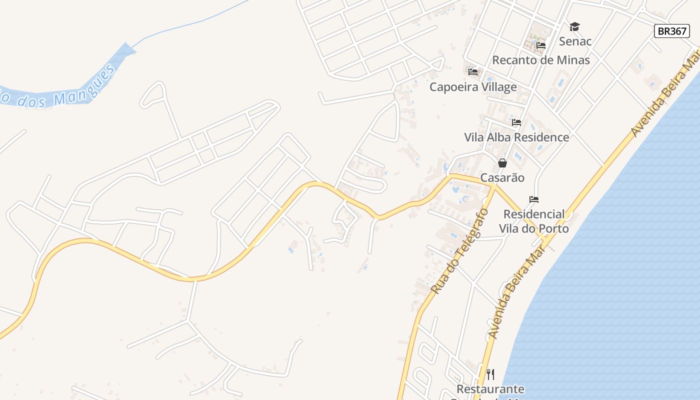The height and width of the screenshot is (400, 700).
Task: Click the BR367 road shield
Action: coord(671,31)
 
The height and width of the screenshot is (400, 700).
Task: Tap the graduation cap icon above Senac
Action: coord(574,26)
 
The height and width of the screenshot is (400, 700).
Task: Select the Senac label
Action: coord(575,41)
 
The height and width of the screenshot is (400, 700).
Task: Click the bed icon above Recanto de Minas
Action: coord(540,45)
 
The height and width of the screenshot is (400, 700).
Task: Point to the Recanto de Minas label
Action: coord(541,60)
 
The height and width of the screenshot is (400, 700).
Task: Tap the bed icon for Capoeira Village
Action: coord(473,72)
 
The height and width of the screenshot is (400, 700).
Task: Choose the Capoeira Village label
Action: coord(473,87)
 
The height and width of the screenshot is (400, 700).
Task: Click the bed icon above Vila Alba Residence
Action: coord(516,122)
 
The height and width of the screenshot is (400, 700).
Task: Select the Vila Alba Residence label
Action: coord(516,137)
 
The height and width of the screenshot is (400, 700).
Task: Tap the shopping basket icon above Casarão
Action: coord(502,163)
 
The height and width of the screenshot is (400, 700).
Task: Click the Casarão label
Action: coord(502,177)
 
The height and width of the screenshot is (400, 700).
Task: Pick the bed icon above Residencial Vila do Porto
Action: coord(534,199)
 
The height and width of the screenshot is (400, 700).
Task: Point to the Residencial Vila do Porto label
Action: coord(534,221)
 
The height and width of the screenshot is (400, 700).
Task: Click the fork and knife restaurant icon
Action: coord(490,374)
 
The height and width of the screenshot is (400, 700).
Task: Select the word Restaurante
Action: coord(490,389)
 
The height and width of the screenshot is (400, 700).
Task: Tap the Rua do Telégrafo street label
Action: coord(459,251)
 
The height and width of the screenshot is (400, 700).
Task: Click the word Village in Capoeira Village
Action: coord(496,87)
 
